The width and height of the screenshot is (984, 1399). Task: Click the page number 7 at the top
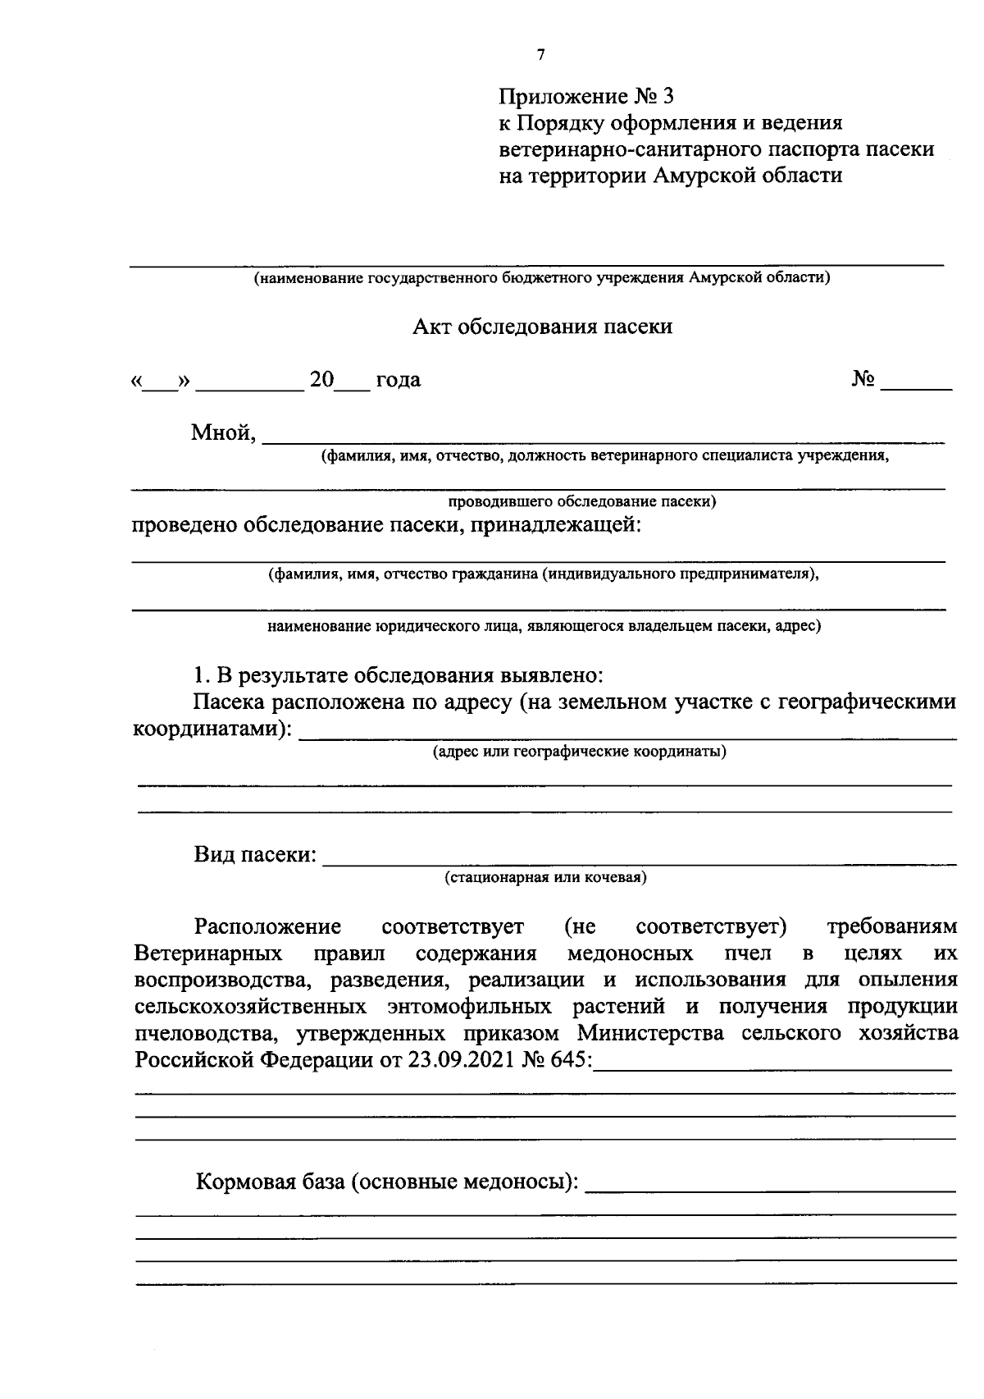(x=540, y=56)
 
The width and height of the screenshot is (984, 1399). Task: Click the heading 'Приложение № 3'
(x=586, y=97)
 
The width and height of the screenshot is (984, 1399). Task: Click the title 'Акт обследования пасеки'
(x=542, y=327)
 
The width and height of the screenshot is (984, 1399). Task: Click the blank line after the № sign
(x=916, y=382)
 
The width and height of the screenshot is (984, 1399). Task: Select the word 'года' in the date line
(x=398, y=380)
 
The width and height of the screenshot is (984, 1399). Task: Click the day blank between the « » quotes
(x=161, y=382)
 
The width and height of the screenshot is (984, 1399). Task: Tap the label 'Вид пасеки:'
(x=255, y=855)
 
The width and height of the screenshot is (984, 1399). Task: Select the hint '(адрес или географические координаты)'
(x=579, y=752)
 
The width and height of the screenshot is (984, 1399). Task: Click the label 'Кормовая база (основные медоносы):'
(x=386, y=1183)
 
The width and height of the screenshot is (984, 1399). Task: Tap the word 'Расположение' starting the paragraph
(x=267, y=927)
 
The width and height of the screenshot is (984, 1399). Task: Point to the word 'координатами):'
(x=212, y=729)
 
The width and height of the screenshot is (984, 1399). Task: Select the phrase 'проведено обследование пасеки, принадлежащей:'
(x=386, y=525)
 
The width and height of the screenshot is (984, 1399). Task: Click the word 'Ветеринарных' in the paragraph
(x=209, y=953)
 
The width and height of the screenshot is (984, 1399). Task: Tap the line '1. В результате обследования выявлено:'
(x=398, y=676)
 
